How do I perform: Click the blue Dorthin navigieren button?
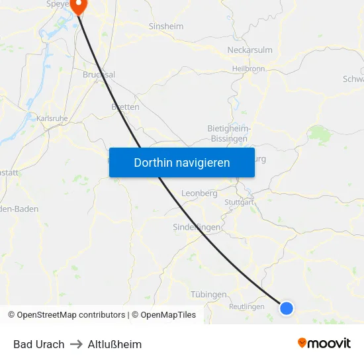coord(182,162)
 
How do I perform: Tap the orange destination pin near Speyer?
coord(79,6)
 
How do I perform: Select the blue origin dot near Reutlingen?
coord(287,308)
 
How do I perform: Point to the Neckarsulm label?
coord(250,50)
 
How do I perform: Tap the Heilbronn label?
coord(248,68)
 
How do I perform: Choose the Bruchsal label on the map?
coord(99,75)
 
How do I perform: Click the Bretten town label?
coord(125,107)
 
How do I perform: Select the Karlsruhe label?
coord(52,118)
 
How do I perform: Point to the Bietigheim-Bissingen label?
coord(228,133)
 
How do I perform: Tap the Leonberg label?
coord(199,194)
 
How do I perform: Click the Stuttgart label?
coord(239,202)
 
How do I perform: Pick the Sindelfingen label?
coord(197,227)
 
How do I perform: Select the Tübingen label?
coord(208,295)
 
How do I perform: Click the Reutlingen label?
coord(247,306)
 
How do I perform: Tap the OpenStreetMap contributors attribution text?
coord(71,315)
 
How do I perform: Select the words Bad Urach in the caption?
coord(39,344)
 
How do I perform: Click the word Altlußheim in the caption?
coord(114,344)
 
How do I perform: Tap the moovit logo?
coord(324,343)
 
